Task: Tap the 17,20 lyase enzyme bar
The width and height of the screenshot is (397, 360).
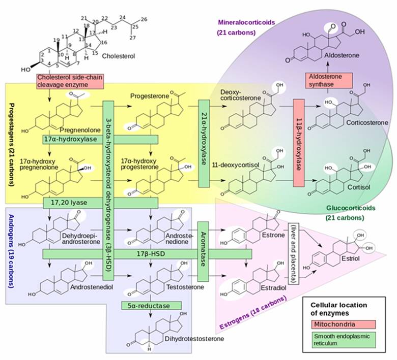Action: click(x=100, y=203)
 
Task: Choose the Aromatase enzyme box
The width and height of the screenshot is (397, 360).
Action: click(x=203, y=251)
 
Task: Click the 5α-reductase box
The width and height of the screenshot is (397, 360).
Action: click(x=152, y=305)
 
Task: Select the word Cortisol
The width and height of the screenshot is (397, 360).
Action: click(x=356, y=187)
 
